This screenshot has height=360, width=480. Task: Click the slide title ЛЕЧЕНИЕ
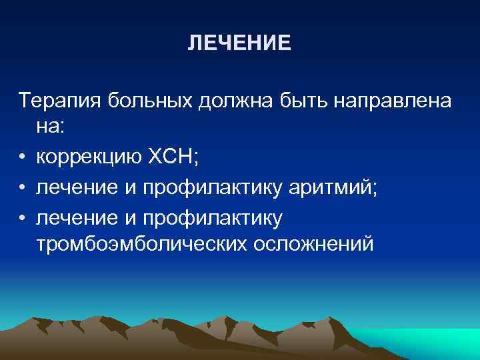click(239, 43)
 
